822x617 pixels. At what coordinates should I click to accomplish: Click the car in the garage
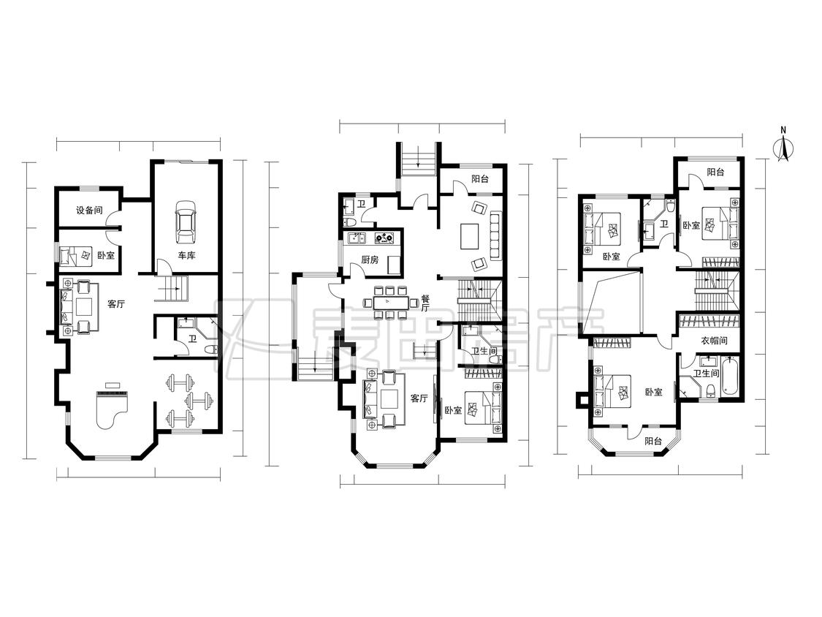(x=185, y=222)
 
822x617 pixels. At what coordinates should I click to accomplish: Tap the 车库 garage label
(x=186, y=256)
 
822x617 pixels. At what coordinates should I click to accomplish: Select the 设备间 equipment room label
(x=89, y=211)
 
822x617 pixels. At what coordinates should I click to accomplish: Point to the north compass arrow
(x=783, y=147)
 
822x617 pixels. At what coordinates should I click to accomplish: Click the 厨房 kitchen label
(x=370, y=260)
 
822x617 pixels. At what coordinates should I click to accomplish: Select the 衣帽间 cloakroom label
(x=714, y=341)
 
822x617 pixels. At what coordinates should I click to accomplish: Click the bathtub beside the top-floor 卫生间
(x=729, y=376)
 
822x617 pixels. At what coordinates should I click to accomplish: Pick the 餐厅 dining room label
(x=425, y=302)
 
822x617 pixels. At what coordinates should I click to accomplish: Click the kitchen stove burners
(x=385, y=238)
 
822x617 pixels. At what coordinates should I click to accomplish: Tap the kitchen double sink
(x=357, y=239)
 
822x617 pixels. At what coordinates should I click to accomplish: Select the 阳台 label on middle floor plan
(x=479, y=179)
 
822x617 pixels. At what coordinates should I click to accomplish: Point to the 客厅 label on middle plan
(x=419, y=398)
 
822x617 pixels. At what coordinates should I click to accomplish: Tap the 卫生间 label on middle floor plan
(x=485, y=351)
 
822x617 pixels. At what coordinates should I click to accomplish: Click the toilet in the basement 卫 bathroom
(x=210, y=349)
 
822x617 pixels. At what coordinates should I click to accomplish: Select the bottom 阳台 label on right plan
(x=653, y=442)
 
